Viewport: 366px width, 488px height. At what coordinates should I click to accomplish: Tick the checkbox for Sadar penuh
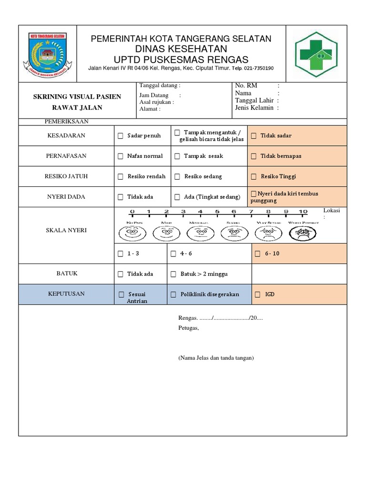tap(121, 136)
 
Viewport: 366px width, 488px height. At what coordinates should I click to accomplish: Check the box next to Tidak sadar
tap(254, 136)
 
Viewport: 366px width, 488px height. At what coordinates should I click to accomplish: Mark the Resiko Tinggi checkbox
tap(254, 177)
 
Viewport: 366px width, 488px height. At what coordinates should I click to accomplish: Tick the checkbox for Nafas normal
tap(121, 156)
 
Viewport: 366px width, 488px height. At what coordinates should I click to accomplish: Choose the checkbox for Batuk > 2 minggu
tap(174, 274)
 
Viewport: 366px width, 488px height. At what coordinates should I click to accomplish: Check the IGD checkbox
tap(258, 295)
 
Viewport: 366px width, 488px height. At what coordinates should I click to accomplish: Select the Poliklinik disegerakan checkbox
tap(174, 295)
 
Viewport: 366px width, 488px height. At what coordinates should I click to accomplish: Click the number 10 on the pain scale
tap(303, 212)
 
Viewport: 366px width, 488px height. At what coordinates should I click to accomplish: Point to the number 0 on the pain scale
tap(132, 212)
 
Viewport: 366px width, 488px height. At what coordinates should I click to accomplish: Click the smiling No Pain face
tap(131, 233)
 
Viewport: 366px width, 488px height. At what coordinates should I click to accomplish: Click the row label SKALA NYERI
tap(66, 231)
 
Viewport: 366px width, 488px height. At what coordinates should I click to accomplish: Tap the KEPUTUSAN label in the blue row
tap(66, 294)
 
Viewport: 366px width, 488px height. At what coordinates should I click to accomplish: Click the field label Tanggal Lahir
tap(254, 101)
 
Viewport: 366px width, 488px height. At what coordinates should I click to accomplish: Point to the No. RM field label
tap(246, 86)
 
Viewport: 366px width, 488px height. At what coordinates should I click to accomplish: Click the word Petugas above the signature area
tap(188, 328)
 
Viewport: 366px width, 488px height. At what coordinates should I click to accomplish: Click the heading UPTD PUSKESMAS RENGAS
tap(181, 60)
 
